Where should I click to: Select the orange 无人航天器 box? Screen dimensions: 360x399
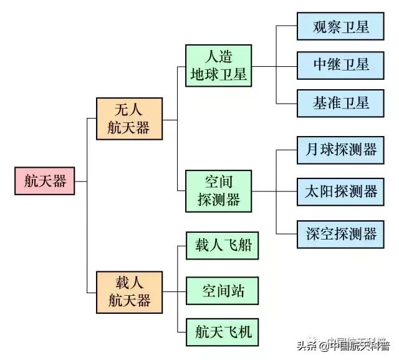pyautogui.click(x=129, y=119)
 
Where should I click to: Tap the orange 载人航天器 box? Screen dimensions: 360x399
pyautogui.click(x=129, y=292)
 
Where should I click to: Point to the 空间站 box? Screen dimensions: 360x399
pyautogui.click(x=223, y=290)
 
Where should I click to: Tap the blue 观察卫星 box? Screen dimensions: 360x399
pyautogui.click(x=340, y=28)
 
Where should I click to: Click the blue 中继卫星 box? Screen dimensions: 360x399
pyautogui.click(x=340, y=64)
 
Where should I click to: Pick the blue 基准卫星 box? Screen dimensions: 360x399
pyautogui.click(x=340, y=101)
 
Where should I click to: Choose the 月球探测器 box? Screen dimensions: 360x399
pyautogui.click(x=340, y=150)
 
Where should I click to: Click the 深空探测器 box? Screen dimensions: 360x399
pyautogui.click(x=340, y=233)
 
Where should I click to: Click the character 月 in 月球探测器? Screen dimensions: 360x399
pyautogui.click(x=312, y=150)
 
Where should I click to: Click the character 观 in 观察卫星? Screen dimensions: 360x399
pyautogui.click(x=320, y=28)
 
